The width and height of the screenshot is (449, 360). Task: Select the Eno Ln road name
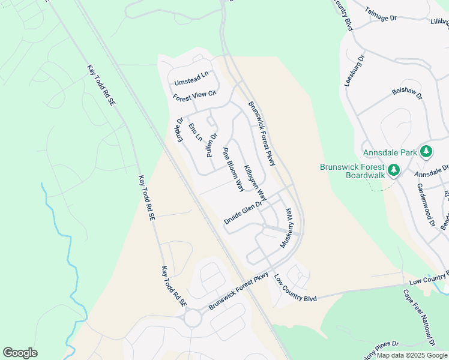(194, 132)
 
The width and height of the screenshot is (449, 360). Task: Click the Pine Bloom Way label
(234, 169)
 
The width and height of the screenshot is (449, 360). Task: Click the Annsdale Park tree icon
(426, 152)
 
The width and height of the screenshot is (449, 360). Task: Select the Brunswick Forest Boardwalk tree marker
(394, 170)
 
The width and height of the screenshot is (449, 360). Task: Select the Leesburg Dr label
(354, 71)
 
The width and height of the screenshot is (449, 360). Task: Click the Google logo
(20, 353)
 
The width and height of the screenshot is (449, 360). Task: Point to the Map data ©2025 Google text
(412, 355)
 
